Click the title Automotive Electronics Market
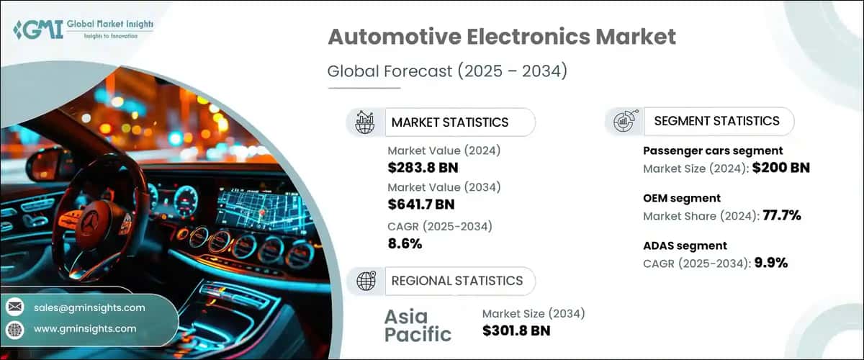click(501, 37)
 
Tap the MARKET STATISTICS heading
click(449, 122)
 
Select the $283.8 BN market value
click(423, 168)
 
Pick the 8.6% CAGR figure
click(405, 243)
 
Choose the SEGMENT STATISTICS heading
click(716, 121)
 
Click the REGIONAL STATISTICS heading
click(457, 281)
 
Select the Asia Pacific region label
click(417, 325)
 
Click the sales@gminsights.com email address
click(89, 307)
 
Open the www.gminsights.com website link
click(85, 328)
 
